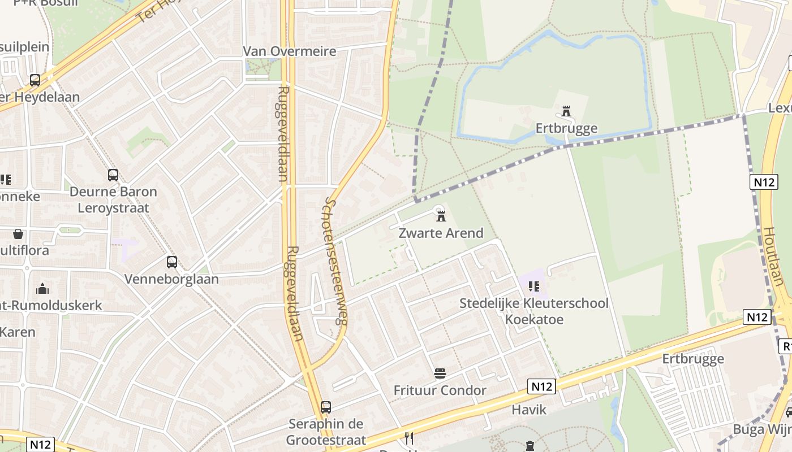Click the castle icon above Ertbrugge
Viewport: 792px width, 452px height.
pyautogui.click(x=566, y=111)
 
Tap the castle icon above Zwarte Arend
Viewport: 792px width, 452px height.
pyautogui.click(x=441, y=215)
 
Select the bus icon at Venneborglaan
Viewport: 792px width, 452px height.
pyautogui.click(x=172, y=262)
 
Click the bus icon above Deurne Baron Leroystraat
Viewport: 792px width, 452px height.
pyautogui.click(x=113, y=175)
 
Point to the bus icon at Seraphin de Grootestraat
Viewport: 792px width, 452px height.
pyautogui.click(x=326, y=407)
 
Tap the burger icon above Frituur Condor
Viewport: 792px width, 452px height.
pyautogui.click(x=440, y=373)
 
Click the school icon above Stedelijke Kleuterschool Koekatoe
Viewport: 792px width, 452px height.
pyautogui.click(x=533, y=286)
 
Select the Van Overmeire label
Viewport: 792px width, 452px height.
pyautogui.click(x=290, y=51)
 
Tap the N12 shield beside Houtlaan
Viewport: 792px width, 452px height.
pyautogui.click(x=764, y=182)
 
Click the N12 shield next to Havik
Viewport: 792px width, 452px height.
pyautogui.click(x=542, y=386)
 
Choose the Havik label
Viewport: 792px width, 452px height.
pyautogui.click(x=530, y=410)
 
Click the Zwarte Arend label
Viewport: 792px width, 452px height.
pyautogui.click(x=441, y=233)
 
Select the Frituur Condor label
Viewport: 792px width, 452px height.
pyautogui.click(x=440, y=390)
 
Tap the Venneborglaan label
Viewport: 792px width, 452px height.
pyautogui.click(x=171, y=279)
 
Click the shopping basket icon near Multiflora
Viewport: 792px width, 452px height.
pyautogui.click(x=18, y=234)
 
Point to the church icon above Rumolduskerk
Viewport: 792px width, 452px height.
pyautogui.click(x=42, y=289)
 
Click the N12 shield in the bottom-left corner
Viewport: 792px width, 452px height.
pyautogui.click(x=40, y=444)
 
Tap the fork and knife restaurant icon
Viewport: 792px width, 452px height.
pyautogui.click(x=409, y=438)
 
